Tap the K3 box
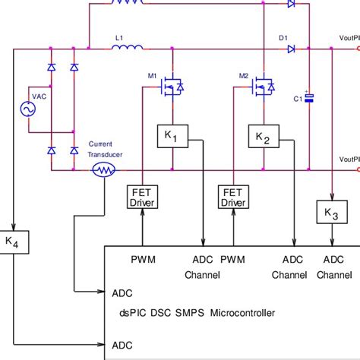pyautogui.click(x=332, y=213)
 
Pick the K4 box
pyautogui.click(x=13, y=242)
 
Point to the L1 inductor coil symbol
pyautogui.click(x=127, y=49)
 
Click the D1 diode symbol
pyautogui.click(x=291, y=49)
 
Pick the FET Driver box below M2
pyautogui.click(x=232, y=197)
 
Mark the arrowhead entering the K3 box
pyautogui.click(x=332, y=198)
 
